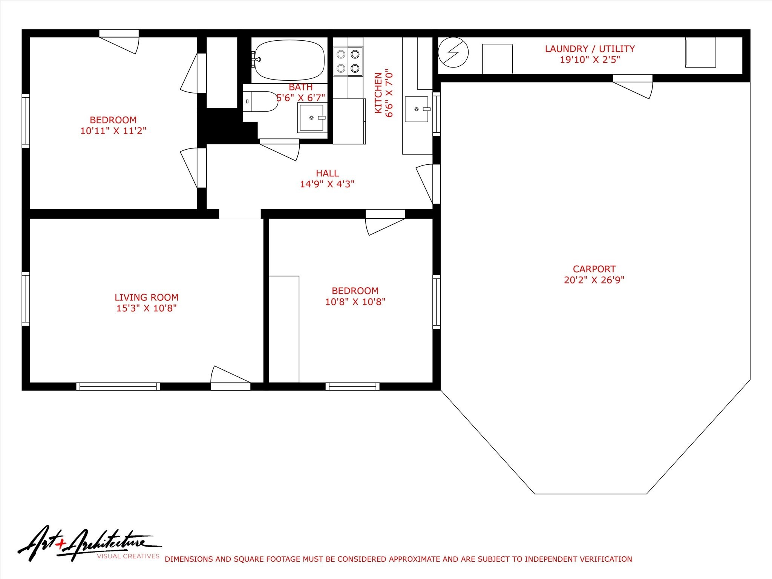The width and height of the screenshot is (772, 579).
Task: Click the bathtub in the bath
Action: [x=289, y=60]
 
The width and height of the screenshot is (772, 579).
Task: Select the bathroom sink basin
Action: [x=311, y=118]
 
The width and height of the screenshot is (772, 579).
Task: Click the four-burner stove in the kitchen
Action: [x=348, y=61]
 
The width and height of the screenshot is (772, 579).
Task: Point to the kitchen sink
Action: [x=417, y=109]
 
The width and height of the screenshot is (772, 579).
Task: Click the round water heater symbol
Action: [x=453, y=52]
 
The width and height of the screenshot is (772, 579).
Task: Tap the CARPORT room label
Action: [x=594, y=269]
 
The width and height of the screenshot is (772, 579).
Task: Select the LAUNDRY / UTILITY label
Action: [x=590, y=49]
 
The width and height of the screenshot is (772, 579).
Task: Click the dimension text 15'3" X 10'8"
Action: [x=146, y=308]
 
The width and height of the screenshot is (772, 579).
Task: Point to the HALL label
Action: [x=327, y=173]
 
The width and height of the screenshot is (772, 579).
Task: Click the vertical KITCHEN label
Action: [x=378, y=93]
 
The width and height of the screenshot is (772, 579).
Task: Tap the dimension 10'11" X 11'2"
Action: [x=113, y=131]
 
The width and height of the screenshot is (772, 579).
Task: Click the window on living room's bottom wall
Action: [x=118, y=386]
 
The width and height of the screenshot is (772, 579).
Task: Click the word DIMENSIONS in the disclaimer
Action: [x=188, y=559]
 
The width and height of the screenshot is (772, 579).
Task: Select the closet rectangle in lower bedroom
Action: [x=284, y=329]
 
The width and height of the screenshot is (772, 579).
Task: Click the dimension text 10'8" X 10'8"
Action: [x=355, y=302]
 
